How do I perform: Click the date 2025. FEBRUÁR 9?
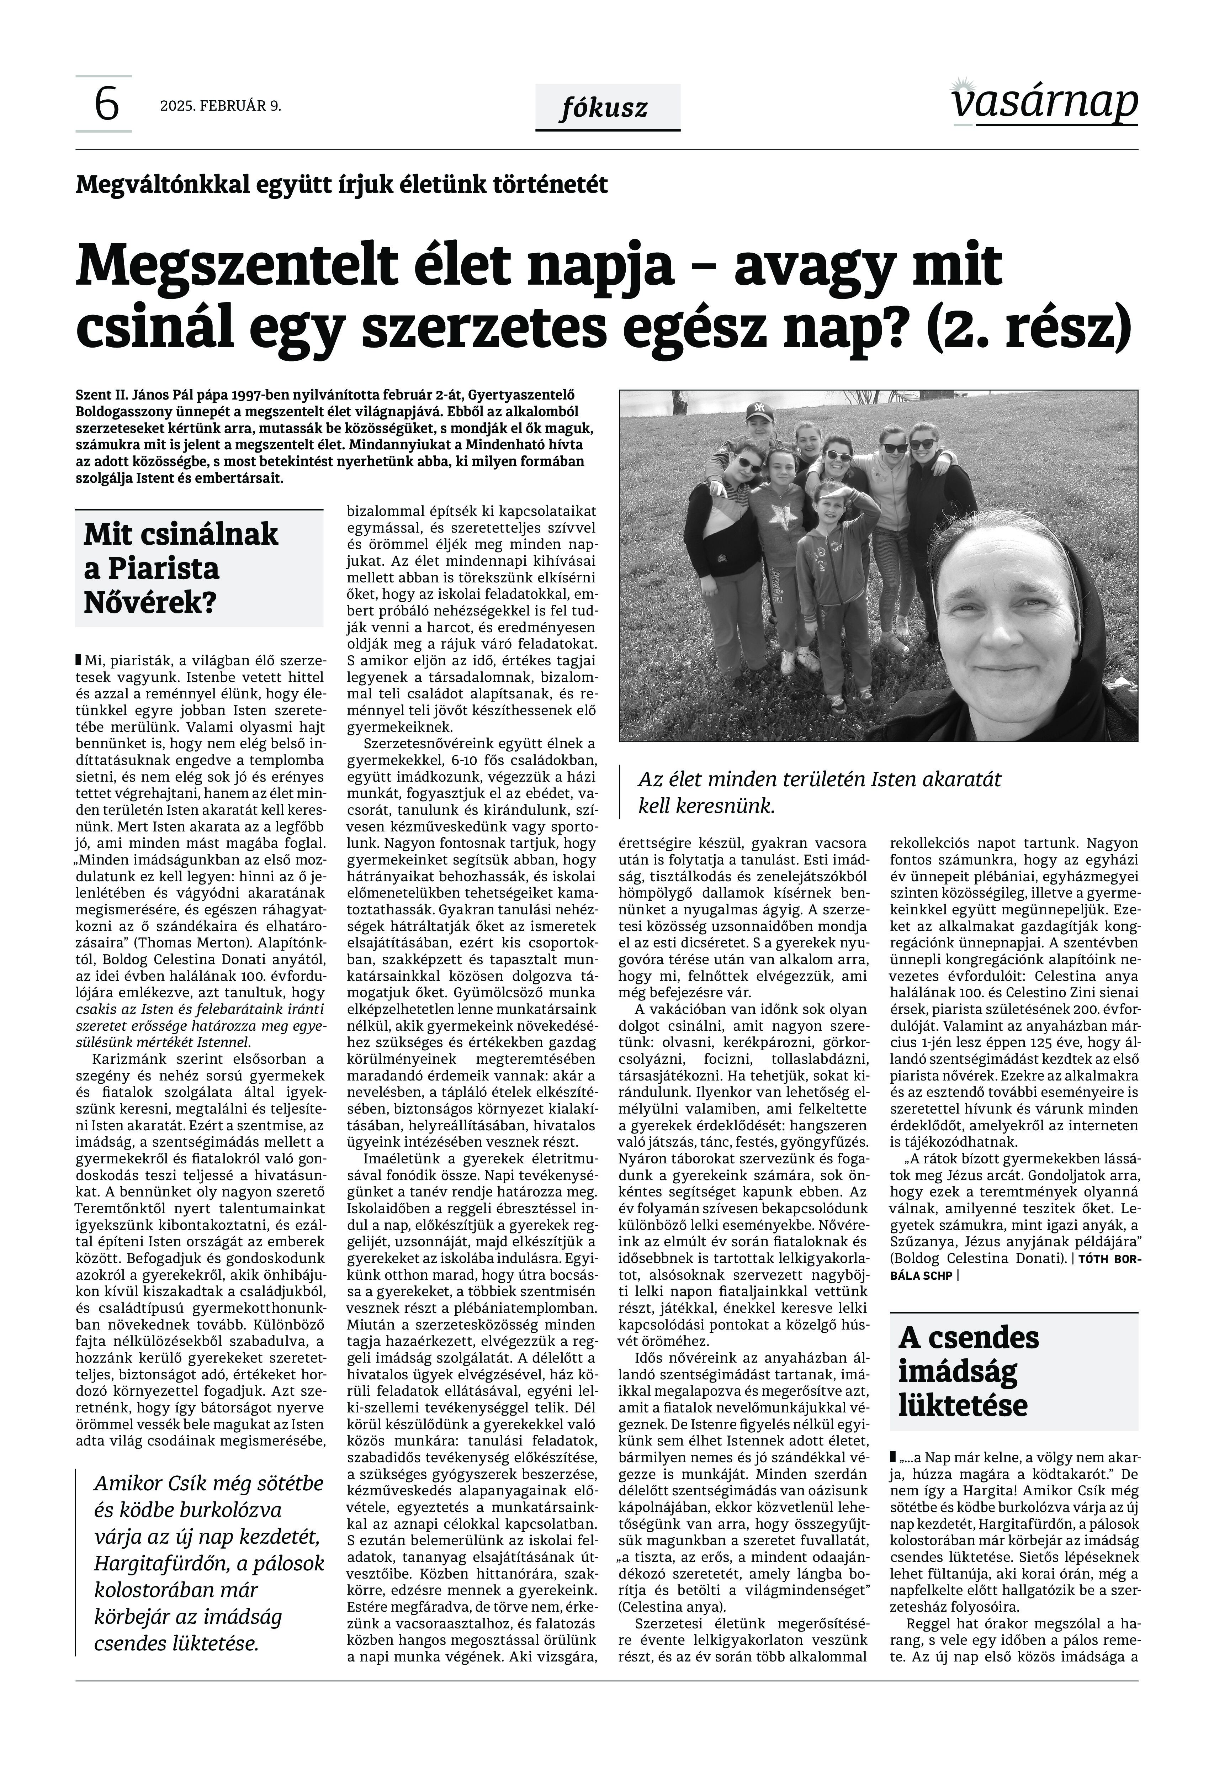pyautogui.click(x=221, y=106)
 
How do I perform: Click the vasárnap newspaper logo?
pyautogui.click(x=1044, y=103)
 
